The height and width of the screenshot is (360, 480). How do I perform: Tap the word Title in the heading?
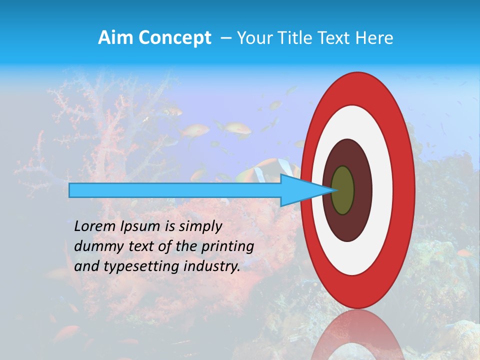coord(294,38)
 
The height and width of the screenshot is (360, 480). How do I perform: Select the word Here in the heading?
coord(374,38)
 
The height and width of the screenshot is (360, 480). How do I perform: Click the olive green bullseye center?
coord(342,190)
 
